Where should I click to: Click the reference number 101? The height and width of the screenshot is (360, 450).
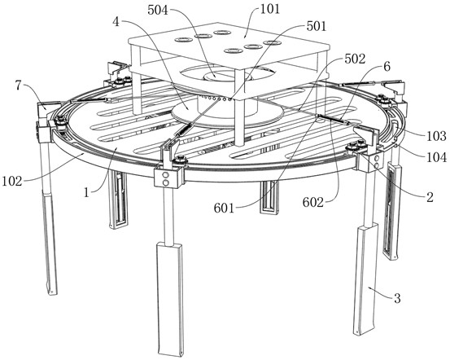270,9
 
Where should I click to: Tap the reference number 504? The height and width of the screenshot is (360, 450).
158,11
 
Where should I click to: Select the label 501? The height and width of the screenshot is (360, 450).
317,26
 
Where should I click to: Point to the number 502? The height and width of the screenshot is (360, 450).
355,59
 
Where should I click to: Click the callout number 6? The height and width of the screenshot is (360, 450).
387,67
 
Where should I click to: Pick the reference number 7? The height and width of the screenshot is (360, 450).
19,86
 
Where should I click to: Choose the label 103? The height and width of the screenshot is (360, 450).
436,136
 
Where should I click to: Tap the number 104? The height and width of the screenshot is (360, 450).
436,157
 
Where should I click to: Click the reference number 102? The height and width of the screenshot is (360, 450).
12,182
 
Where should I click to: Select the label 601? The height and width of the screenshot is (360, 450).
224,209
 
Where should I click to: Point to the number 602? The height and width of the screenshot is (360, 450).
313,203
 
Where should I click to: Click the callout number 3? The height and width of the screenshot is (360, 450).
397,298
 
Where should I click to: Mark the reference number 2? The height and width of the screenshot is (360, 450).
430,197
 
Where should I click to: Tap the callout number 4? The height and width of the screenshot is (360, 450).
116,22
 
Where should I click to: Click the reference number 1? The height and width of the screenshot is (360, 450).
87,192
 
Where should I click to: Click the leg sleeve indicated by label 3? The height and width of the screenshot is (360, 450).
365,280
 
